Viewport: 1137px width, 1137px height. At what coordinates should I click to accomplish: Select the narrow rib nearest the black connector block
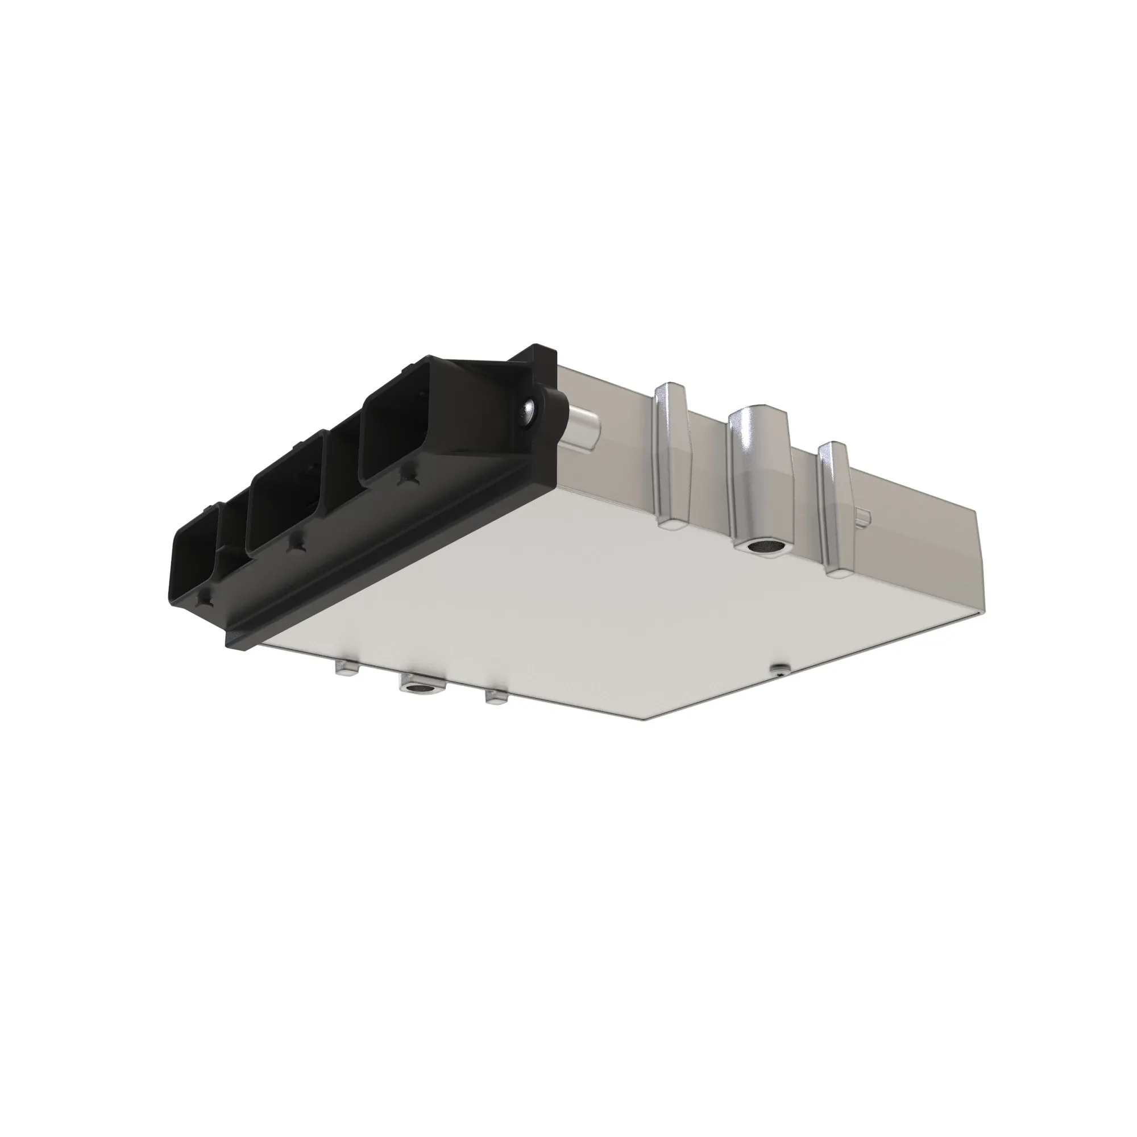(671, 453)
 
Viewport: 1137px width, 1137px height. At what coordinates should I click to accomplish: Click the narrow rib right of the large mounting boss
(835, 506)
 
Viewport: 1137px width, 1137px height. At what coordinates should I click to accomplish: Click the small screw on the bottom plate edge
(780, 667)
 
